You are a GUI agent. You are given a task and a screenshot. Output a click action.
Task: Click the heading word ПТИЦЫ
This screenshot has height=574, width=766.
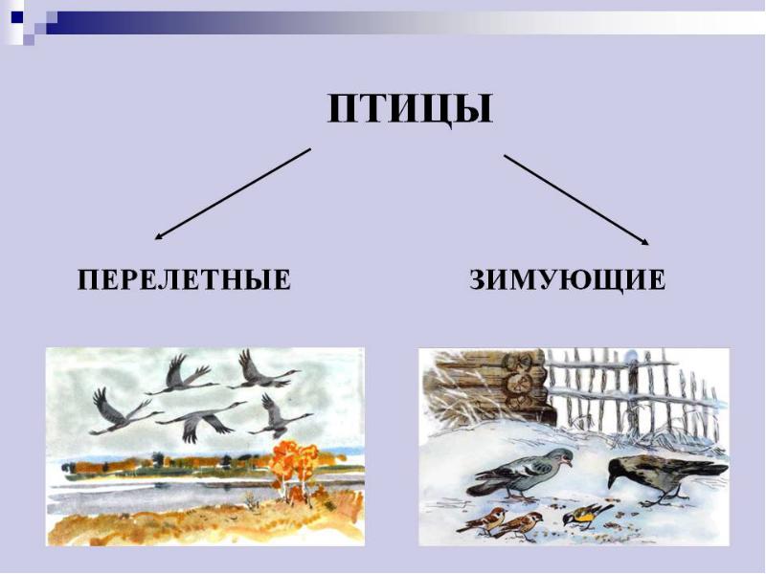coord(410,110)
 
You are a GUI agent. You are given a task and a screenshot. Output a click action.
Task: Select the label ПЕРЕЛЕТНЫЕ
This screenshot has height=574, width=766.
coord(184,280)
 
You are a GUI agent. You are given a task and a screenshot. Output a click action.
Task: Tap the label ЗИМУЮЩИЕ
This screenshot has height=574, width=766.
coord(567,280)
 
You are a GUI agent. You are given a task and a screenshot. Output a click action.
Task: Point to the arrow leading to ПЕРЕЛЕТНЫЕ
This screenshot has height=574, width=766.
coord(233,194)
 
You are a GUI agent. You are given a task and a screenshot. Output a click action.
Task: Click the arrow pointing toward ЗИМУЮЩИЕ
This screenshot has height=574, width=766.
coord(577,200)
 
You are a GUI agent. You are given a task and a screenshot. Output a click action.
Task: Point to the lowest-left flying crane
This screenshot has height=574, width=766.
coord(123,412)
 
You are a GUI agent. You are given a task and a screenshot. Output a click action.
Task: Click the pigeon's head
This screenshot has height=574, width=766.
coord(562,457)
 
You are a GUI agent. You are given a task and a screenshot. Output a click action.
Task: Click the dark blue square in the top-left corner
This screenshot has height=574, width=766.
coord(16,17)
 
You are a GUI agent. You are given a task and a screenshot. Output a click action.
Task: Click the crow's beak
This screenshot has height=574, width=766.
coord(612,482)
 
